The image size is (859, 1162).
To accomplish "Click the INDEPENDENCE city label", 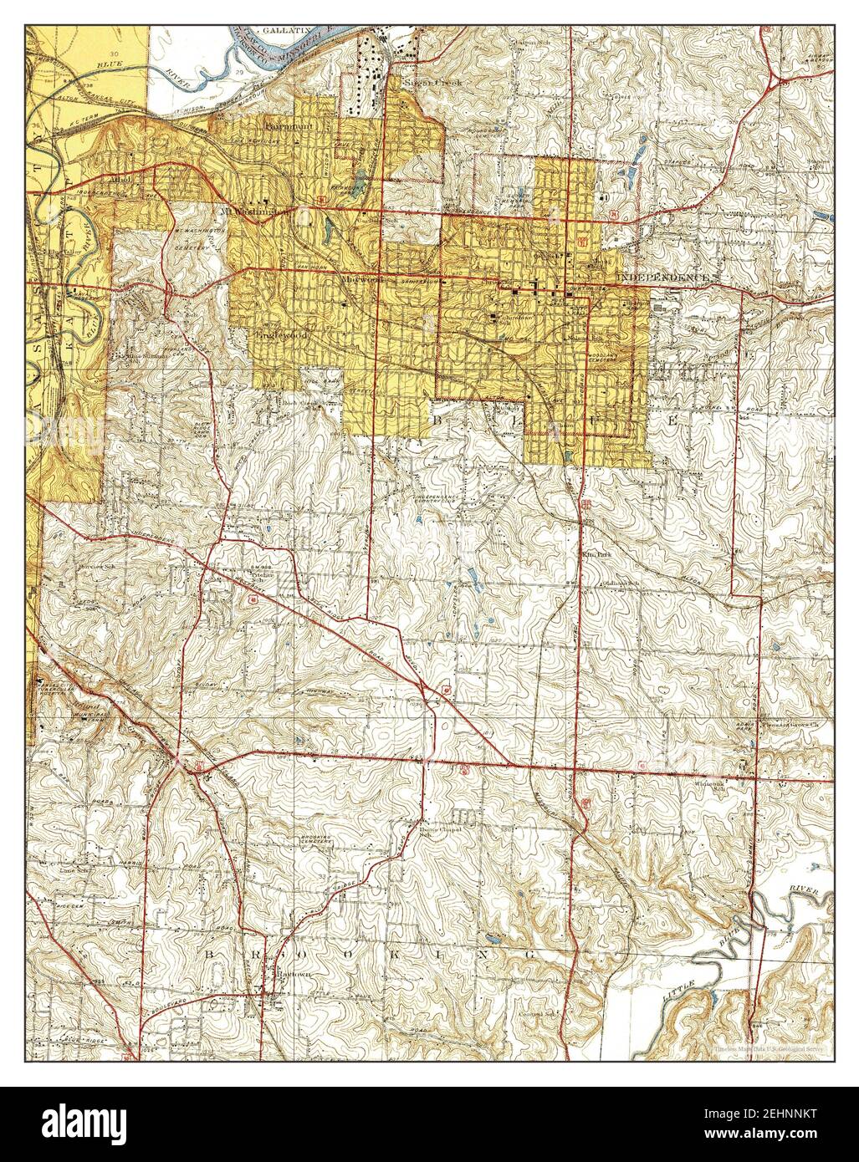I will (663, 276).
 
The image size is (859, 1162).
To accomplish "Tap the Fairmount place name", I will (289, 126).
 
